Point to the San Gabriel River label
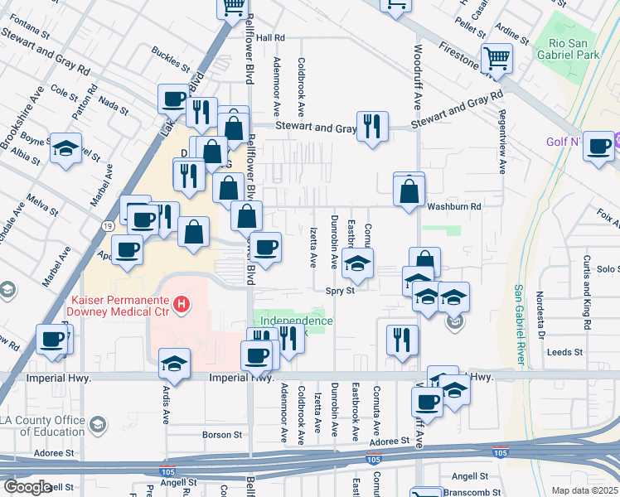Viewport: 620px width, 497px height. pyautogui.click(x=520, y=324)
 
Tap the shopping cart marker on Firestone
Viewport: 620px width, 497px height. pyautogui.click(x=496, y=58)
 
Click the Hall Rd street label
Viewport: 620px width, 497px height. pyautogui.click(x=270, y=38)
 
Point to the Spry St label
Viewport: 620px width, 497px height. pyautogui.click(x=340, y=291)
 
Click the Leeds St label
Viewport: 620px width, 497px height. pyautogui.click(x=565, y=352)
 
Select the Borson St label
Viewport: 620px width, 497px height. pyautogui.click(x=222, y=434)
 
